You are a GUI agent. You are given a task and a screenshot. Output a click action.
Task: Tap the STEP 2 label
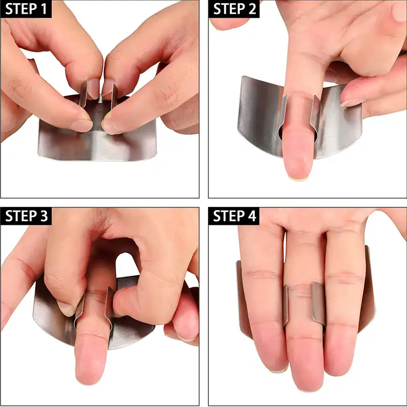235,10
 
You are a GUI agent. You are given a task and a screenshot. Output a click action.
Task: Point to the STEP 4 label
235,216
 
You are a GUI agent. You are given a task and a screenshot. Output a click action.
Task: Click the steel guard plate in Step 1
97,145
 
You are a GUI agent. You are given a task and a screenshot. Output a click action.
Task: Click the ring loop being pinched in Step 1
100,92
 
